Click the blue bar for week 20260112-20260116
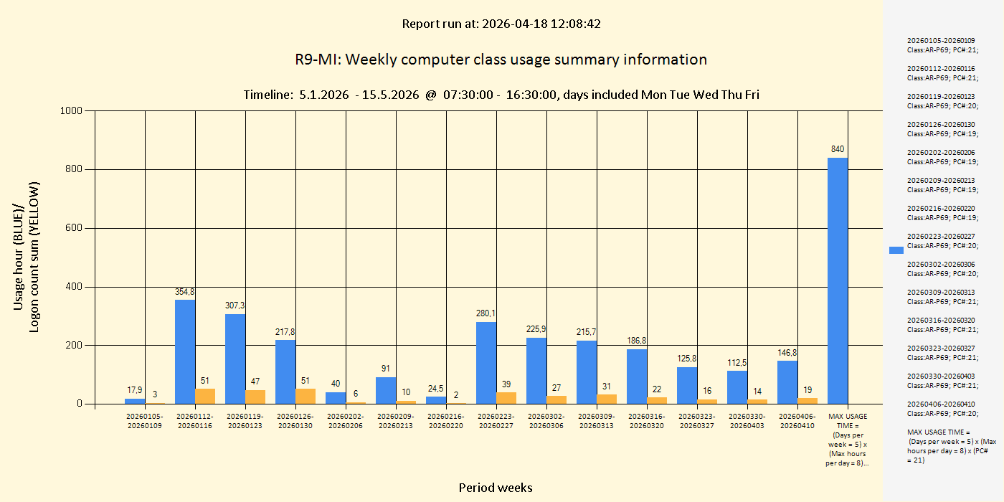(185, 351)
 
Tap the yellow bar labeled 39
(506, 398)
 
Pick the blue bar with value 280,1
(486, 363)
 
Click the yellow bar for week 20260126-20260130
(306, 396)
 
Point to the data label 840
(838, 149)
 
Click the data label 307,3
(235, 306)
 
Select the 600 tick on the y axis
(74, 228)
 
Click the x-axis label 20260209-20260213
(396, 421)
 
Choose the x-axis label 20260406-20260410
(797, 421)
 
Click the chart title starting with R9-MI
(501, 60)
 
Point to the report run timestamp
(501, 24)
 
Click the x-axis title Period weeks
(496, 488)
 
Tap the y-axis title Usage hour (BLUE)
(19, 245)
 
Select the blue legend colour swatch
(896, 250)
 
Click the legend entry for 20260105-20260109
(942, 45)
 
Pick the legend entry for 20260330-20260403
(942, 381)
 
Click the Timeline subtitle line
(501, 95)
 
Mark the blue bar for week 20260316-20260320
(637, 376)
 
